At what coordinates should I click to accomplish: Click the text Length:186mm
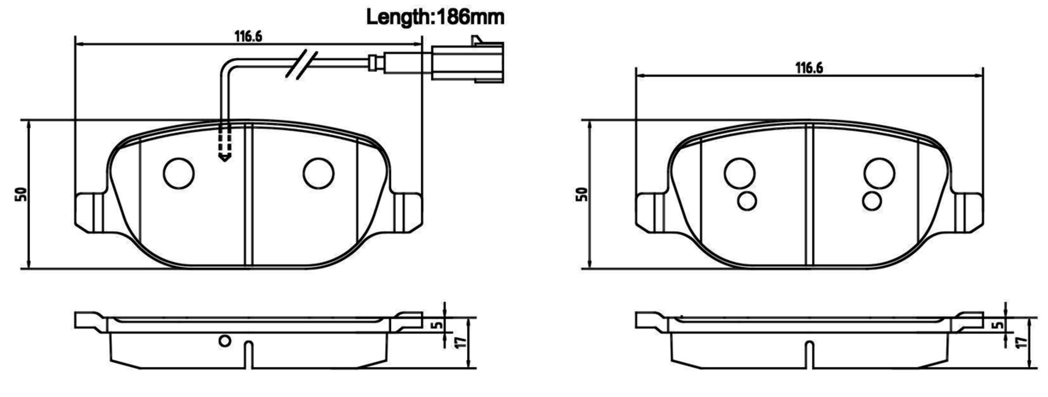435,17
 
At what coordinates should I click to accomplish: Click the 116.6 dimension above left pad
248,36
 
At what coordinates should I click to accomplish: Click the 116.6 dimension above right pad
809,68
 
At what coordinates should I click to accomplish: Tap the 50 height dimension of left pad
21,194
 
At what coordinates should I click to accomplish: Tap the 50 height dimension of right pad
582,194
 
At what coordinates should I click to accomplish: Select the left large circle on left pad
179,174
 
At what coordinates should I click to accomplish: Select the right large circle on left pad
319,174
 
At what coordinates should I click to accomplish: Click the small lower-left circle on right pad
747,201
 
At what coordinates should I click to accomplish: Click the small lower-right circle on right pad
872,201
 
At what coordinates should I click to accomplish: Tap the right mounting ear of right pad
968,212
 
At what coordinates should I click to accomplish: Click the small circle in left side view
225,341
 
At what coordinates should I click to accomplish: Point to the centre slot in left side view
249,354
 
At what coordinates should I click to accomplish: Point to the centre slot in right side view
809,354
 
